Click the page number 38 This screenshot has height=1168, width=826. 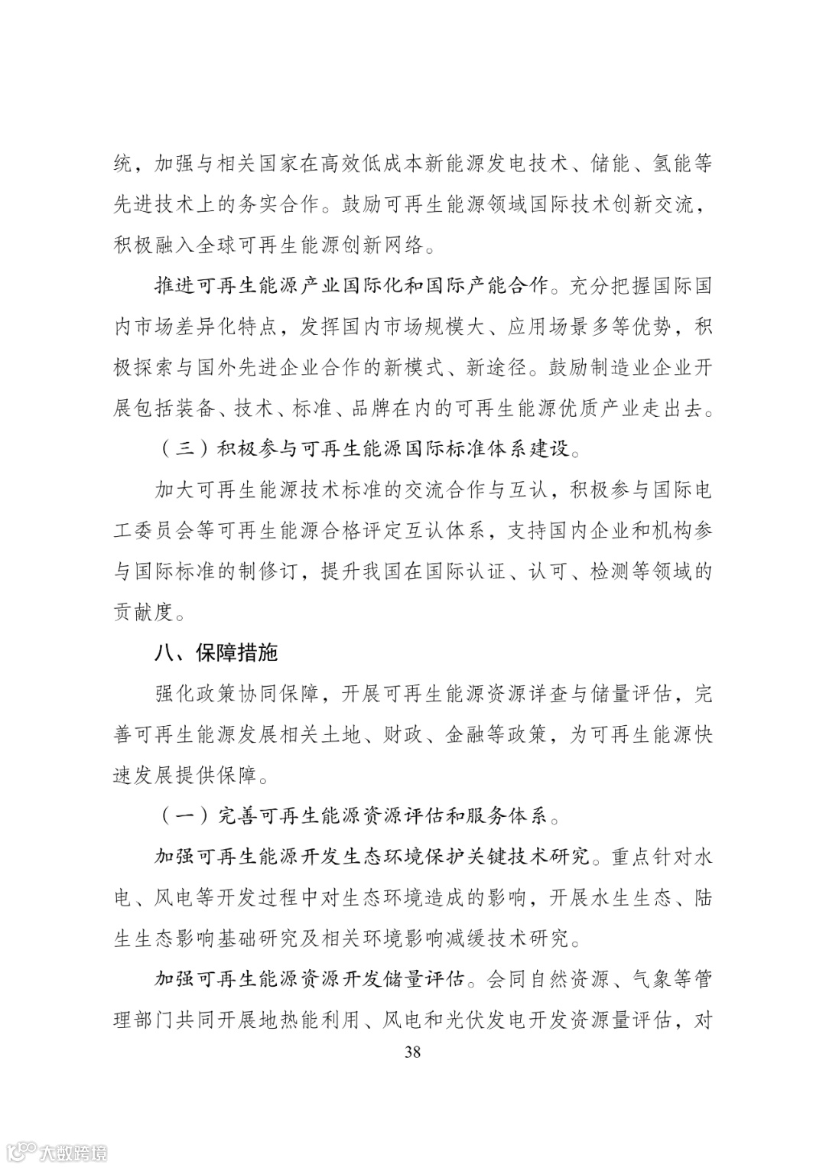click(x=412, y=1051)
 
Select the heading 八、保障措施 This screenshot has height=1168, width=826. click(x=216, y=652)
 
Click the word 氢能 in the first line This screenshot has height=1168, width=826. click(x=672, y=164)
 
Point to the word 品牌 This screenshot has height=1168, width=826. click(x=371, y=408)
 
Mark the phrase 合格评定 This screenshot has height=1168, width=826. click(x=382, y=529)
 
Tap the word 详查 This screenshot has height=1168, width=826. click(x=548, y=694)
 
